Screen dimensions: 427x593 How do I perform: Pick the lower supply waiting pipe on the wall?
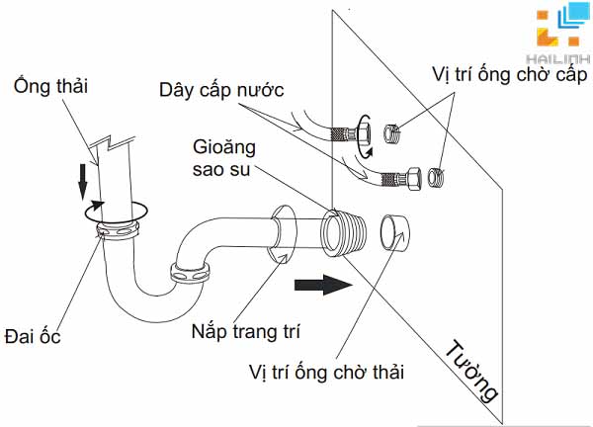click(x=437, y=179)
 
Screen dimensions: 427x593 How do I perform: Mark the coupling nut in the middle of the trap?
click(x=190, y=272)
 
